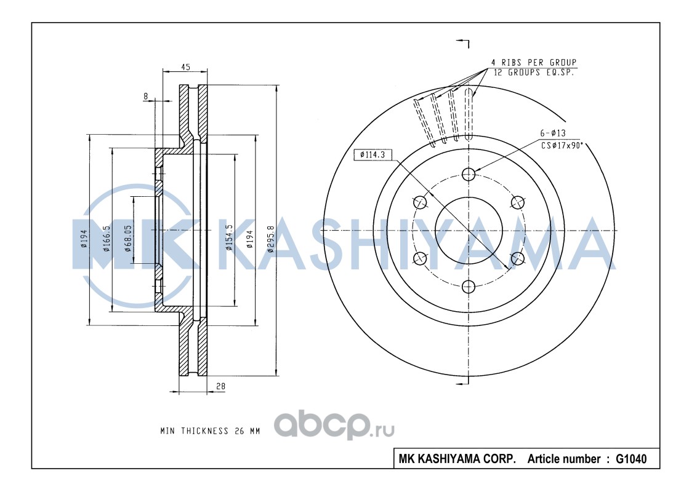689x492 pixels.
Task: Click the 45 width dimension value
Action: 185,67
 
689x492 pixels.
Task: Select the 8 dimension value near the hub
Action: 146,96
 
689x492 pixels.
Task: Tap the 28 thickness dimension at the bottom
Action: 220,386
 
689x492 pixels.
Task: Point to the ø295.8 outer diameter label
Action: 271,239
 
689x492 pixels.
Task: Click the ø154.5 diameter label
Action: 229,237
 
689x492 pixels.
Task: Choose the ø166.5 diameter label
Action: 106,239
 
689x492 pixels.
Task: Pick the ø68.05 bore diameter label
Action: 128,239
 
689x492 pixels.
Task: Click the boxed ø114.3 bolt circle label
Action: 373,154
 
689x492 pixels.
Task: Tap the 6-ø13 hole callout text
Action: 553,133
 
